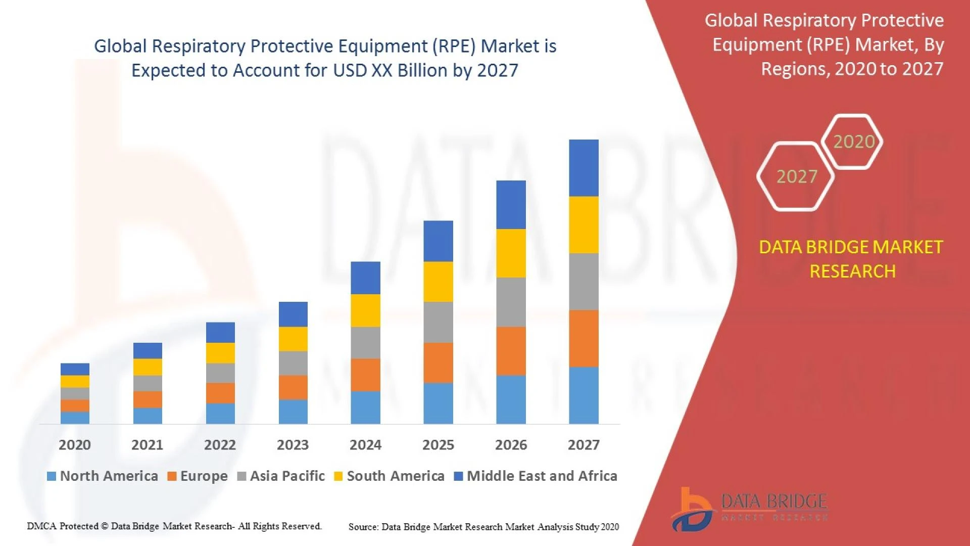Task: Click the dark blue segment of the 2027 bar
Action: pyautogui.click(x=584, y=168)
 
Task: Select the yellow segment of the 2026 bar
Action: pyautogui.click(x=511, y=253)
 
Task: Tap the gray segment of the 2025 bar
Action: pyautogui.click(x=438, y=322)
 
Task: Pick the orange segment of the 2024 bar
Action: pyautogui.click(x=365, y=375)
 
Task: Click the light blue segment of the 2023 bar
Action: pyautogui.click(x=293, y=412)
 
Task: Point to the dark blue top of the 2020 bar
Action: pyautogui.click(x=75, y=369)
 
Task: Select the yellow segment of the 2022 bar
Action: pyautogui.click(x=220, y=353)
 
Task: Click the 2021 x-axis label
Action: pyautogui.click(x=147, y=445)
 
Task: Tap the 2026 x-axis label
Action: pyautogui.click(x=511, y=445)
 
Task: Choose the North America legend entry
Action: pyautogui.click(x=103, y=476)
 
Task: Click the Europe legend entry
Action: pyautogui.click(x=198, y=476)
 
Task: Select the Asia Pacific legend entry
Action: pyautogui.click(x=281, y=476)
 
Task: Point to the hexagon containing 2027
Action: pyautogui.click(x=796, y=176)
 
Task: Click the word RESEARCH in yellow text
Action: pyautogui.click(x=852, y=271)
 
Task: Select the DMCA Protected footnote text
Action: pyautogui.click(x=174, y=526)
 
